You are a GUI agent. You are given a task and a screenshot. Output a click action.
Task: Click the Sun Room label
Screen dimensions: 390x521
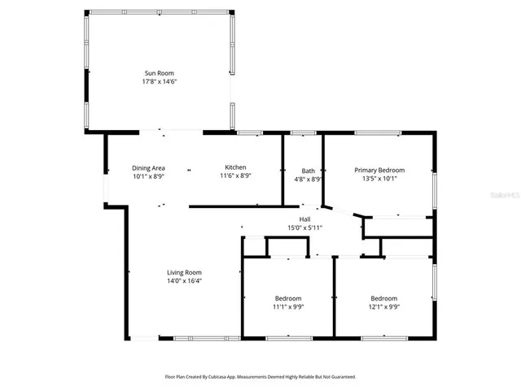160,73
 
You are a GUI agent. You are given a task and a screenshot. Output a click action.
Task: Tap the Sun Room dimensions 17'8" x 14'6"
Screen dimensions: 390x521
160,81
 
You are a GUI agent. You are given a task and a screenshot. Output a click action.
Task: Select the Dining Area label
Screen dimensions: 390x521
149,168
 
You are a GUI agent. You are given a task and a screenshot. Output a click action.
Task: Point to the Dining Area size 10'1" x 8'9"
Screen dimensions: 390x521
149,176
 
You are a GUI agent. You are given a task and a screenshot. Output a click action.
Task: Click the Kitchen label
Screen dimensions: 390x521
235,168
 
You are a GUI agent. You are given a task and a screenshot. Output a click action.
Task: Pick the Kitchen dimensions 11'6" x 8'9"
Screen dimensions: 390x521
235,176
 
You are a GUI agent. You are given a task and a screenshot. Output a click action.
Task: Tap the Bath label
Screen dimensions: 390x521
308,171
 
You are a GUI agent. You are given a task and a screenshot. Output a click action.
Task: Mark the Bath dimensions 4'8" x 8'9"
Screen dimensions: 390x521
308,179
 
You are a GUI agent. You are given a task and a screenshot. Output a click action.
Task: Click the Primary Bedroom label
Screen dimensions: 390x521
379,171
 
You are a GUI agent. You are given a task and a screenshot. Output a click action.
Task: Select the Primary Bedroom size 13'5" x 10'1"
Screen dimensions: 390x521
379,179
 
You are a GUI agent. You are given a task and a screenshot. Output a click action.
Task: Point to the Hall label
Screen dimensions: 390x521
304,219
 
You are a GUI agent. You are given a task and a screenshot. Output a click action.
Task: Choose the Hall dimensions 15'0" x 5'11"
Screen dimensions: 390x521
304,227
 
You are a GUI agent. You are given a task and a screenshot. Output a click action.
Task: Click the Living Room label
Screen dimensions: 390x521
185,272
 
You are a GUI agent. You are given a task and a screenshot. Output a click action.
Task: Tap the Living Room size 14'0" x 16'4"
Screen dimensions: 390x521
185,280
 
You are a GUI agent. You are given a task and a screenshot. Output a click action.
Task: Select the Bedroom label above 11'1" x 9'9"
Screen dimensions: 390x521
288,298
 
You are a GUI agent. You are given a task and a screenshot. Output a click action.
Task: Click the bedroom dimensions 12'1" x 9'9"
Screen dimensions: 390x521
385,307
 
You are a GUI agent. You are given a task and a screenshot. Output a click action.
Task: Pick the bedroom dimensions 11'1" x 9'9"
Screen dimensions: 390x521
288,307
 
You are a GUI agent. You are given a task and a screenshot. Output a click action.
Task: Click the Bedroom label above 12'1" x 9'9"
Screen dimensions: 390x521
385,298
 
